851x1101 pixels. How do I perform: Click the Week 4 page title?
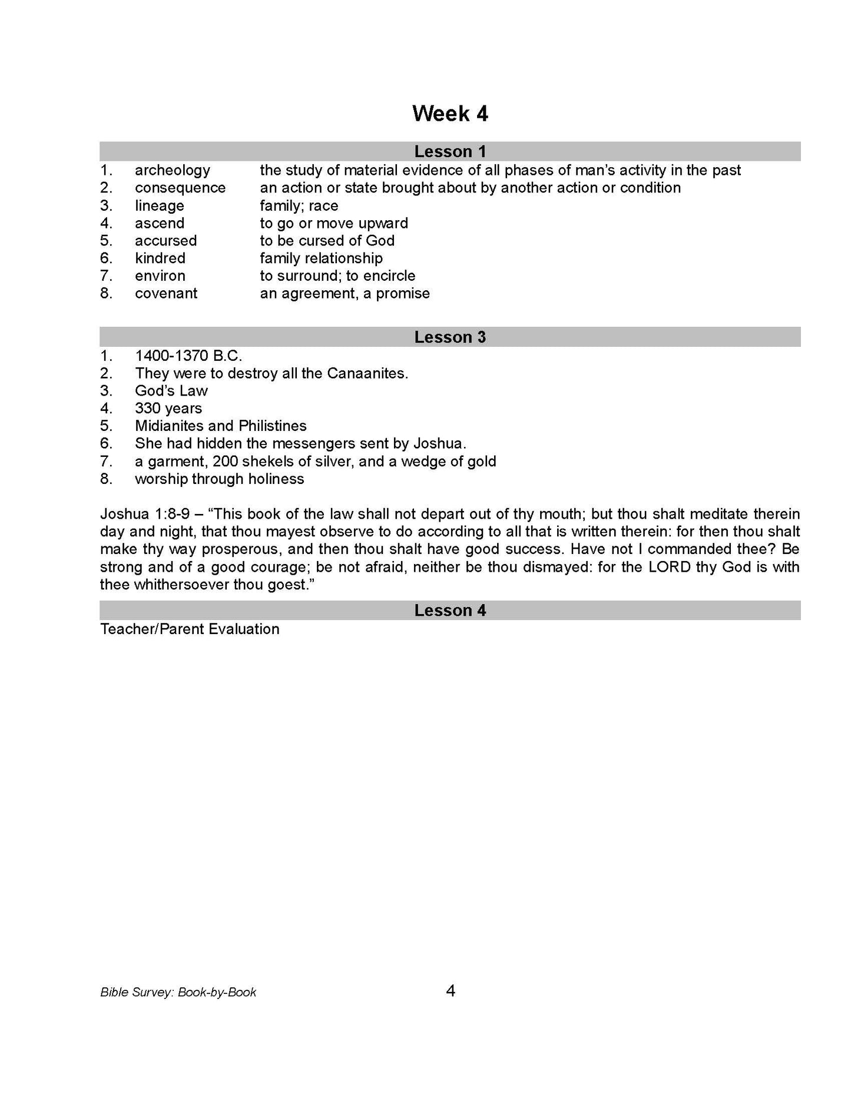pos(450,114)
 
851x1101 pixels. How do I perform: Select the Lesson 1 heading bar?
pos(450,151)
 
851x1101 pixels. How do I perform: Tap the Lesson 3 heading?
pos(450,337)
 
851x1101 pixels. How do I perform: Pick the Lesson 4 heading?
pos(450,610)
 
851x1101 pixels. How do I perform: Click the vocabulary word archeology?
pos(172,170)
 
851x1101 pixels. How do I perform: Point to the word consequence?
pos(180,188)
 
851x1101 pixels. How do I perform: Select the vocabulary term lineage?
pos(159,205)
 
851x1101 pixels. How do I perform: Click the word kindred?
pos(160,258)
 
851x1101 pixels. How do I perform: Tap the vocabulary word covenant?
pos(166,293)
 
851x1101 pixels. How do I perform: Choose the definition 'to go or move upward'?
pos(333,223)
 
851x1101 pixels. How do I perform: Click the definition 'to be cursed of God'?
pos(327,240)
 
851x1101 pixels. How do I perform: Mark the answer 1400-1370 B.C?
pos(188,356)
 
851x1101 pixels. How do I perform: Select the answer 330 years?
pos(168,408)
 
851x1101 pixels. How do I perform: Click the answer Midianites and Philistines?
pos(220,426)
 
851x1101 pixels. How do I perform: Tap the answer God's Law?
pos(171,391)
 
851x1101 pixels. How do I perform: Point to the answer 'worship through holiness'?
pos(219,479)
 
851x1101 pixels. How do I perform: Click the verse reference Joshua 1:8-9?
pos(144,514)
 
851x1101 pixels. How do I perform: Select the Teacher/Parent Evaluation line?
pos(190,629)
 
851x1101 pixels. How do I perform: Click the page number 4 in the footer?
pos(451,991)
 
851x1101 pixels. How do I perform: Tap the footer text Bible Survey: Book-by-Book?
pos(178,992)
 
